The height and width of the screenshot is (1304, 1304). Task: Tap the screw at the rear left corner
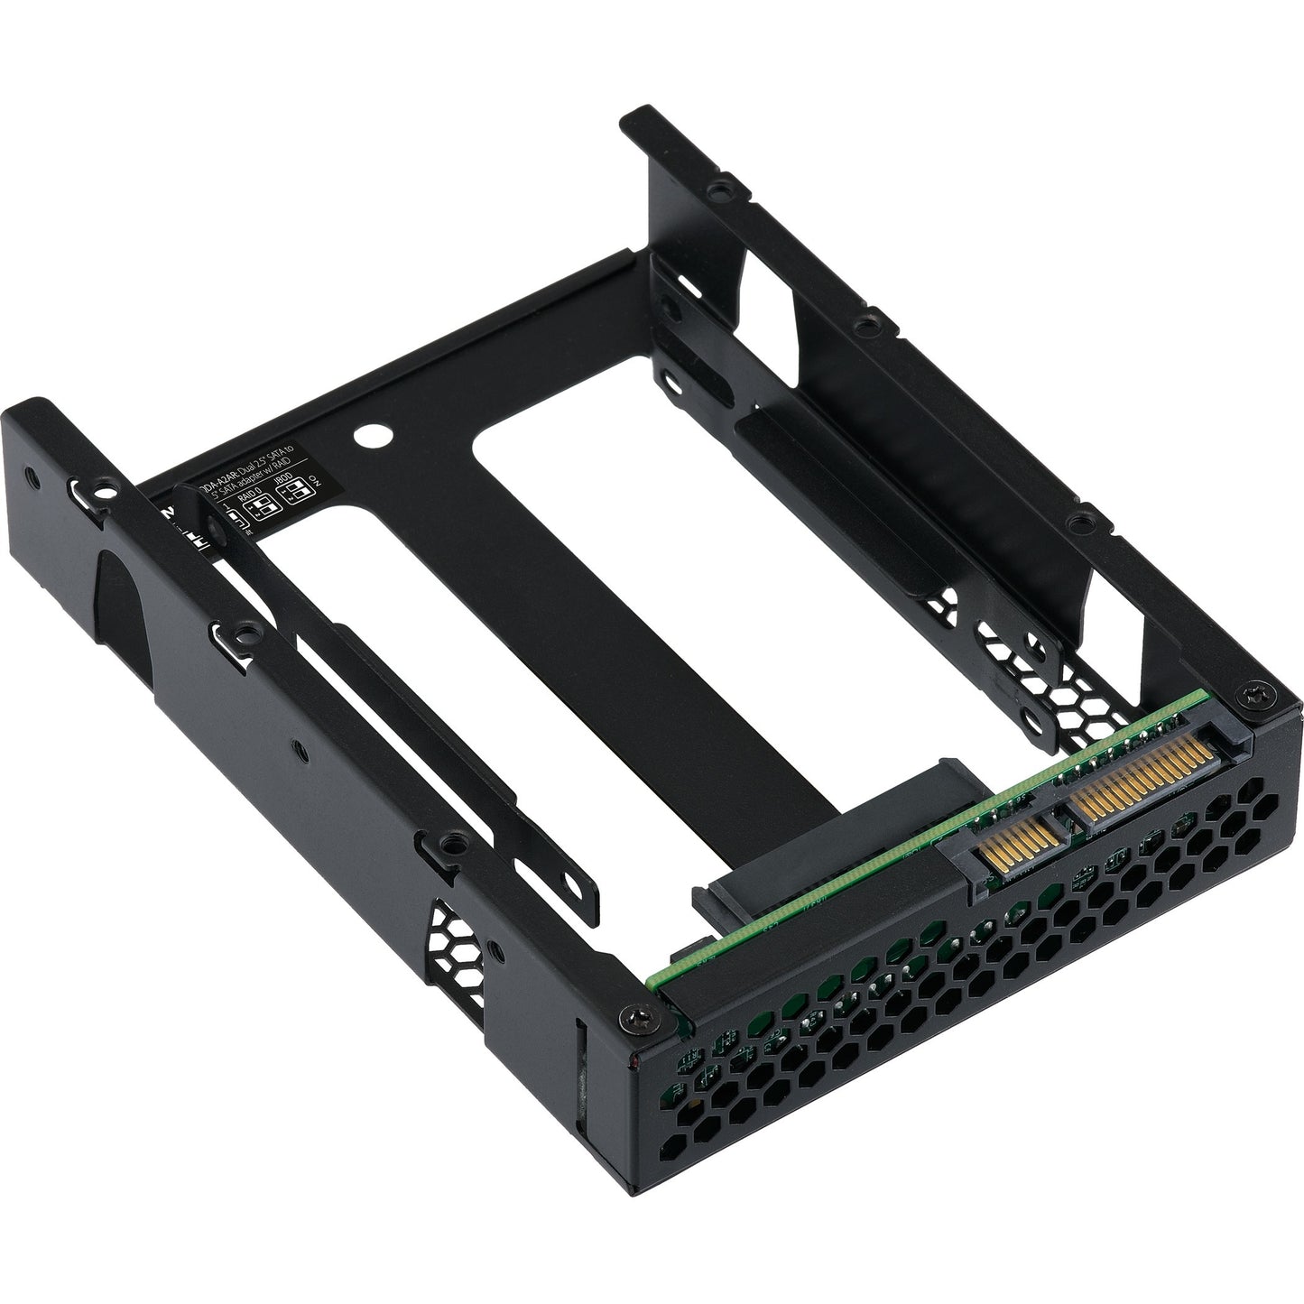click(x=627, y=1020)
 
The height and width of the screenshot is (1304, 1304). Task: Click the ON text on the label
click(x=313, y=476)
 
